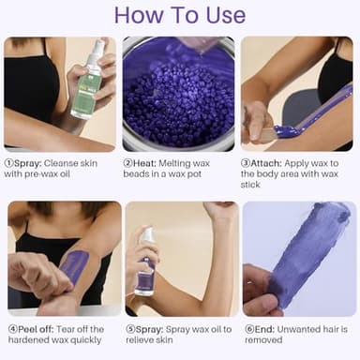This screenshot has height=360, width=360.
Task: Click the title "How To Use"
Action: (179, 17)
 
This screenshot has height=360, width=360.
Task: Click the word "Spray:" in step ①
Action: (36, 161)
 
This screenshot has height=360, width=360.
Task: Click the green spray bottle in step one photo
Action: (88, 89)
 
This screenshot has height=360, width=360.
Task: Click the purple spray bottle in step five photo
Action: (145, 267)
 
